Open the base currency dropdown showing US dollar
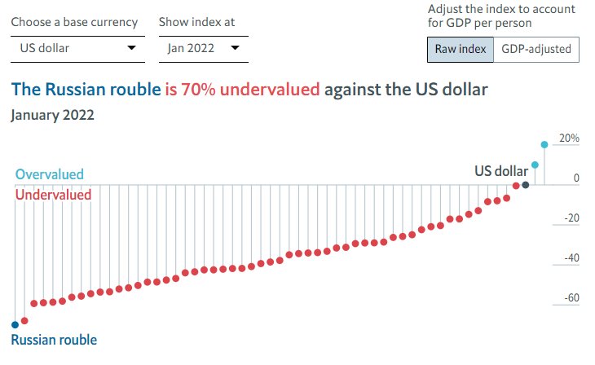(x=77, y=49)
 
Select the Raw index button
(x=461, y=49)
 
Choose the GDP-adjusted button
(x=535, y=49)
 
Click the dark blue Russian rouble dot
(x=15, y=325)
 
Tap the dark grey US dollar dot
(x=526, y=185)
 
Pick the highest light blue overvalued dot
(x=544, y=145)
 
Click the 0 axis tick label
(x=575, y=178)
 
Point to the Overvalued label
(x=49, y=174)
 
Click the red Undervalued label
(x=53, y=195)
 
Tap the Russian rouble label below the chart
(x=54, y=340)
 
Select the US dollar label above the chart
(x=500, y=171)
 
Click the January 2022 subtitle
(x=52, y=115)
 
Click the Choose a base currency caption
(x=74, y=22)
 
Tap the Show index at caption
(x=196, y=22)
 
